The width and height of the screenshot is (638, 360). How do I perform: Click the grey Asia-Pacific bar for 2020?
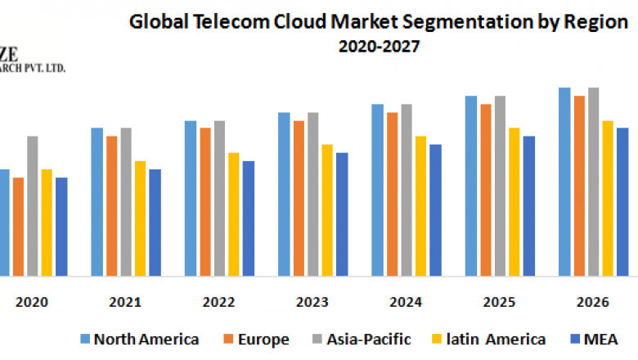click(33, 205)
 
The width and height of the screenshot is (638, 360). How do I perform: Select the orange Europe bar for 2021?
click(111, 205)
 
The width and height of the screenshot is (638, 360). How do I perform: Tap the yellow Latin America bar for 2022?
click(234, 214)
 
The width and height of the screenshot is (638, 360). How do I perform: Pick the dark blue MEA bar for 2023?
click(342, 214)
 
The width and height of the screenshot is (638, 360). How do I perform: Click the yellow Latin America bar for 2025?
click(514, 201)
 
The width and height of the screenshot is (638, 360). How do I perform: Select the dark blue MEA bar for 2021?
click(155, 222)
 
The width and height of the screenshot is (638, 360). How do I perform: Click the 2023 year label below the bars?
click(313, 302)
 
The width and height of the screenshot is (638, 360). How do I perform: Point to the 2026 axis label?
click(593, 302)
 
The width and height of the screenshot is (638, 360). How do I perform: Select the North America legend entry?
click(139, 339)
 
